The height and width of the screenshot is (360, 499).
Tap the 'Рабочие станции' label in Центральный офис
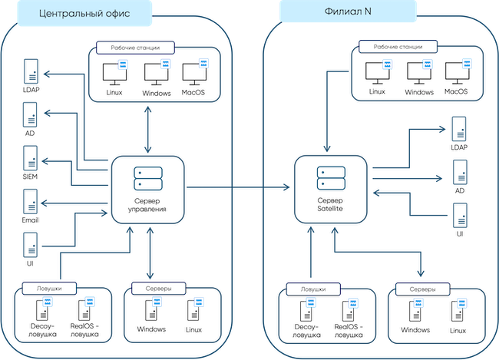pyautogui.click(x=134, y=48)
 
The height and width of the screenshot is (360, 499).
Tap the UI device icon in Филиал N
pyautogui.click(x=459, y=215)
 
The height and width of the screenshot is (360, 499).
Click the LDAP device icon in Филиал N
pyautogui.click(x=459, y=127)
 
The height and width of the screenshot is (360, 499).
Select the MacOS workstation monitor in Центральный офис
pyautogui.click(x=195, y=74)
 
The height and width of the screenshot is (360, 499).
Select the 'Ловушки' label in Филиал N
pyautogui.click(x=311, y=289)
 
